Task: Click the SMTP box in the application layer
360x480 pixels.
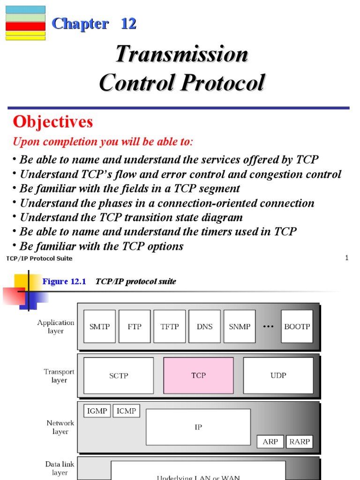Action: (x=99, y=326)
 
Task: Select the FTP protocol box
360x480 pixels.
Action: (x=135, y=326)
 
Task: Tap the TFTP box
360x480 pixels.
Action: (x=170, y=326)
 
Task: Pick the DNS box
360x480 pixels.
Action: (x=204, y=326)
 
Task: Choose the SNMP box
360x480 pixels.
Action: (x=240, y=326)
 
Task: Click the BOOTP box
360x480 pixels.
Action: (x=297, y=326)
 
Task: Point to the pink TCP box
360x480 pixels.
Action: (x=198, y=375)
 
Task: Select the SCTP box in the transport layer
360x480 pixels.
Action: (x=119, y=375)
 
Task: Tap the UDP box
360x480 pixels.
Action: (x=278, y=375)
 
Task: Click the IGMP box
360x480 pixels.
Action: (x=97, y=411)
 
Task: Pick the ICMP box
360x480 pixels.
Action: (x=126, y=411)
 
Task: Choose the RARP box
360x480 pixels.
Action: (x=299, y=442)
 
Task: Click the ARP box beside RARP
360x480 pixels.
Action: (x=270, y=442)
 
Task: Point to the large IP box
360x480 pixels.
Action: (x=198, y=427)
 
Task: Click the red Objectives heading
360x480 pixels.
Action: (x=53, y=122)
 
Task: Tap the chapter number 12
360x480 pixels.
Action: (x=128, y=23)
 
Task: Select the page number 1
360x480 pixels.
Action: (x=346, y=258)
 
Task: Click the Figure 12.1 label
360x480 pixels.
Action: (x=64, y=281)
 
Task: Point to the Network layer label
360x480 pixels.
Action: (x=60, y=427)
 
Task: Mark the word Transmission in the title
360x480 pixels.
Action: (x=182, y=54)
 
